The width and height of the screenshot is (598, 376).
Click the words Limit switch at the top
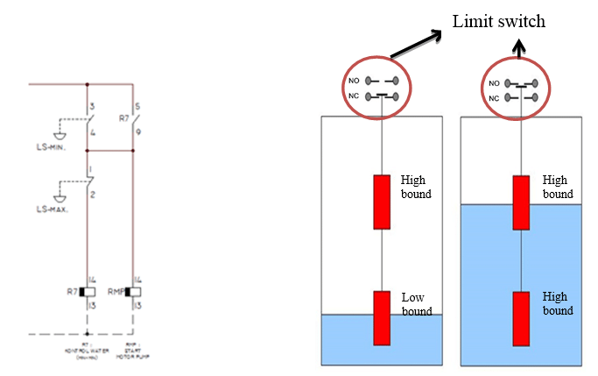498,21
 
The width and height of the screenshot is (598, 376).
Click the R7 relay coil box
88,291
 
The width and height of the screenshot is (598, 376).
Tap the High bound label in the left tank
416,187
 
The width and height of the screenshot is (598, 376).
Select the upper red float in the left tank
382,202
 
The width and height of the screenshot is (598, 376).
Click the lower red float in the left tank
382,318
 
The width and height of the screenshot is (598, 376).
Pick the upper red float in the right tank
520,202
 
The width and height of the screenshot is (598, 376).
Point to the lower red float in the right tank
520,318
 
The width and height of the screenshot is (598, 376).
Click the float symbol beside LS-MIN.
59,133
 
